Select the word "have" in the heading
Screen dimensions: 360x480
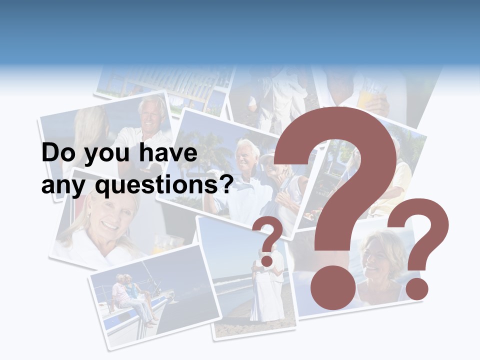(x=167, y=153)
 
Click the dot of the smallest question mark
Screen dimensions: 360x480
(x=267, y=261)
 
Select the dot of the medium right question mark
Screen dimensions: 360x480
(x=416, y=288)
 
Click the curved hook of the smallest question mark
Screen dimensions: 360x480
(x=269, y=233)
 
